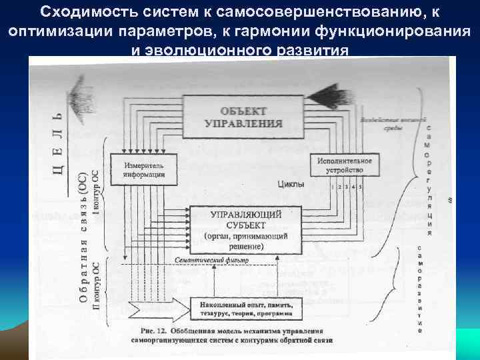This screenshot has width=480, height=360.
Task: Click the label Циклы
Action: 291,184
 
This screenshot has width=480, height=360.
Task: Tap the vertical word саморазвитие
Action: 419,289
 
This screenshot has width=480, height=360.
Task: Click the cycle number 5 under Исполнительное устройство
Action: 360,187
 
